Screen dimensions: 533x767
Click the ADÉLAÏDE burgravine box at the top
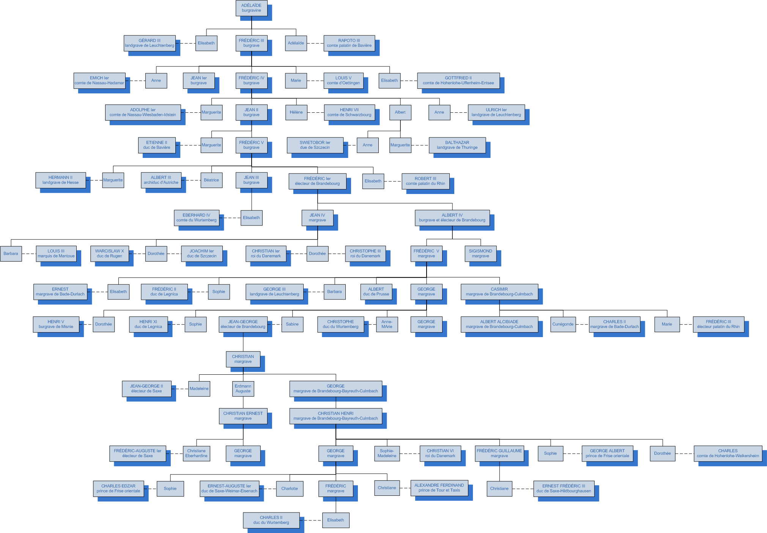tap(251, 8)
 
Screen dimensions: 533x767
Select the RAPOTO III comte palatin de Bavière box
tap(349, 43)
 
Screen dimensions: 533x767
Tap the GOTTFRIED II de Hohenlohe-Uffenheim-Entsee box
tap(458, 80)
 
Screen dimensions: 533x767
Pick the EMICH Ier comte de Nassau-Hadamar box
tap(99, 80)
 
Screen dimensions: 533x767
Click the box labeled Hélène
tap(296, 112)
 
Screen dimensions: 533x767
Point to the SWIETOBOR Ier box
tap(315, 145)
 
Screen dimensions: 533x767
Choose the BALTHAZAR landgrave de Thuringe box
tap(457, 145)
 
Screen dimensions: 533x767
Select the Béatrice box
tap(211, 180)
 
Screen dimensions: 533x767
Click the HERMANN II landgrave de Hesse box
tap(60, 180)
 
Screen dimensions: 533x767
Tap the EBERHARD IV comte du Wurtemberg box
tap(196, 218)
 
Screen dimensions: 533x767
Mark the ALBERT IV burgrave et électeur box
tap(452, 218)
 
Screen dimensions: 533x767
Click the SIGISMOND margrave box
tap(480, 254)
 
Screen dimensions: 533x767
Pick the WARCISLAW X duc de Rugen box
tap(109, 254)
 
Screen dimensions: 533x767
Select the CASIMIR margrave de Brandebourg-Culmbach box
tap(499, 292)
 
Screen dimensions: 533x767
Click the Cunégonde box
tap(563, 324)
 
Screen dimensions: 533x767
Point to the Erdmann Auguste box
tap(243, 389)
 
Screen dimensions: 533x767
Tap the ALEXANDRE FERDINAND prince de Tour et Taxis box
tap(439, 488)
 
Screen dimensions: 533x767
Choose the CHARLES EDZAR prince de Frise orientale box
tap(118, 489)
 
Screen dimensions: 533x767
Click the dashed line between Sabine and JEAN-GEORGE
tap(276, 324)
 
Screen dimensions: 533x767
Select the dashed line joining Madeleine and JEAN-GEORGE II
tap(182, 389)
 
